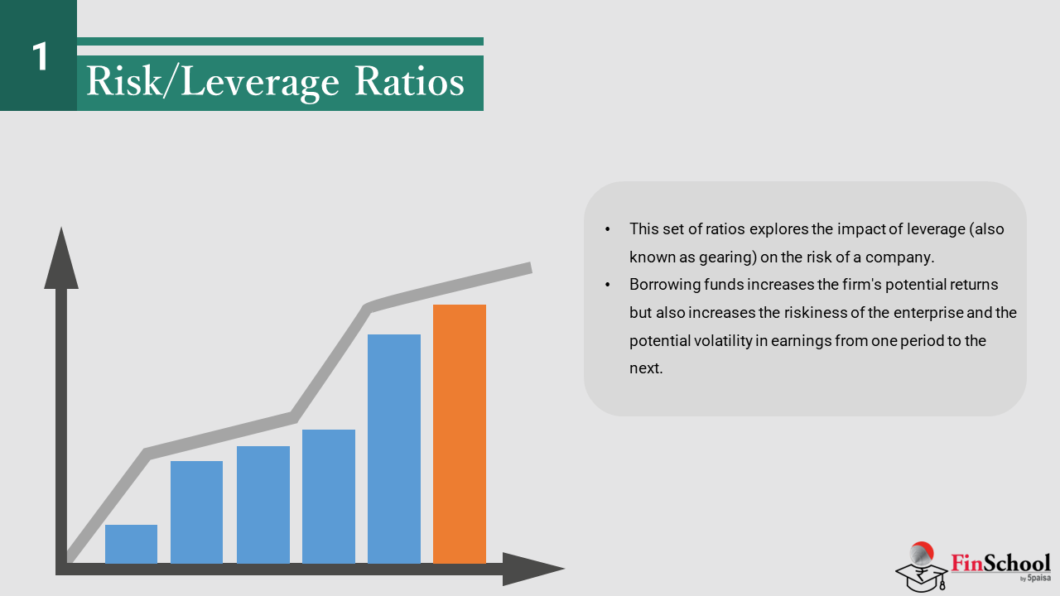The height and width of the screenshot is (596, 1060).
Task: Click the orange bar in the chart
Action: point(460,434)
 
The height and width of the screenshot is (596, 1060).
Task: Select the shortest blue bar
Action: point(131,544)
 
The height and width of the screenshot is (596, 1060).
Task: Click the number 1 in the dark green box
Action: point(40,57)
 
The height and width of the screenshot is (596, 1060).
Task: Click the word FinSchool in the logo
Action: point(1000,564)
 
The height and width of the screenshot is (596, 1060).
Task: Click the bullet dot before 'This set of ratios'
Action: point(608,229)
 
